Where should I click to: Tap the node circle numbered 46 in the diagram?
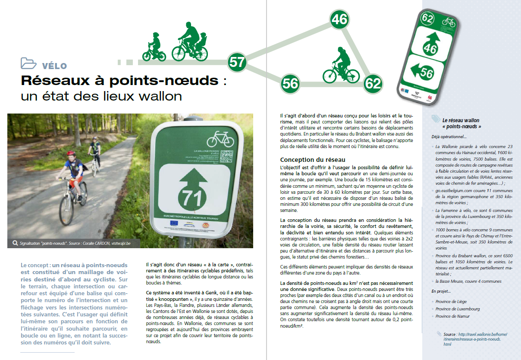click(339, 19)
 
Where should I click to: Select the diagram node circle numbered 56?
click(291, 83)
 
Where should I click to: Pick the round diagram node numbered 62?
click(373, 83)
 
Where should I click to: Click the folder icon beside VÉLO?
click(28, 63)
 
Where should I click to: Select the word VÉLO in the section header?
click(55, 66)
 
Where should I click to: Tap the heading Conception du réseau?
click(313, 160)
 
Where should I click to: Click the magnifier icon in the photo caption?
click(15, 243)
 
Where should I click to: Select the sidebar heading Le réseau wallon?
click(461, 120)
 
